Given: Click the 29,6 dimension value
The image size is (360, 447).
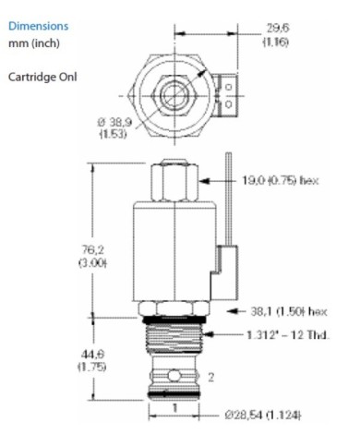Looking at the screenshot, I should pyautogui.click(x=267, y=28).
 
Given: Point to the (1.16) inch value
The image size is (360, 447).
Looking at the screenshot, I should pyautogui.click(x=267, y=42).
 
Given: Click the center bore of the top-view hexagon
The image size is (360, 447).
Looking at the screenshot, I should pyautogui.click(x=173, y=96).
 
